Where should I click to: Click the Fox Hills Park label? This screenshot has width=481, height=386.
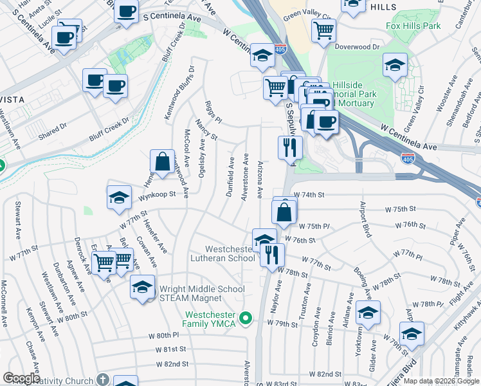tap(413, 26)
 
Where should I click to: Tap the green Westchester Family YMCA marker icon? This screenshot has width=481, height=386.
tap(244, 318)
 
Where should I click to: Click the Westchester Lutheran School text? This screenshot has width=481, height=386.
tap(230, 253)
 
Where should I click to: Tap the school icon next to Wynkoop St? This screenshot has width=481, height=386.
tap(119, 198)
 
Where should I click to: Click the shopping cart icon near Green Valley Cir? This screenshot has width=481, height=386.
tap(323, 30)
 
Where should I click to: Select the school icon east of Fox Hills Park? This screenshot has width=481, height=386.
tap(395, 64)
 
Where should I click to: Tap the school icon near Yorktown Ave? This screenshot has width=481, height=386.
tap(368, 313)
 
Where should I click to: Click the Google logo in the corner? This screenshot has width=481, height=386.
tap(21, 378)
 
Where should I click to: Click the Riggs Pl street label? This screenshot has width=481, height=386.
tap(213, 111)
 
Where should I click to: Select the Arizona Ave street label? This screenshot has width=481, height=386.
tap(259, 179)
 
